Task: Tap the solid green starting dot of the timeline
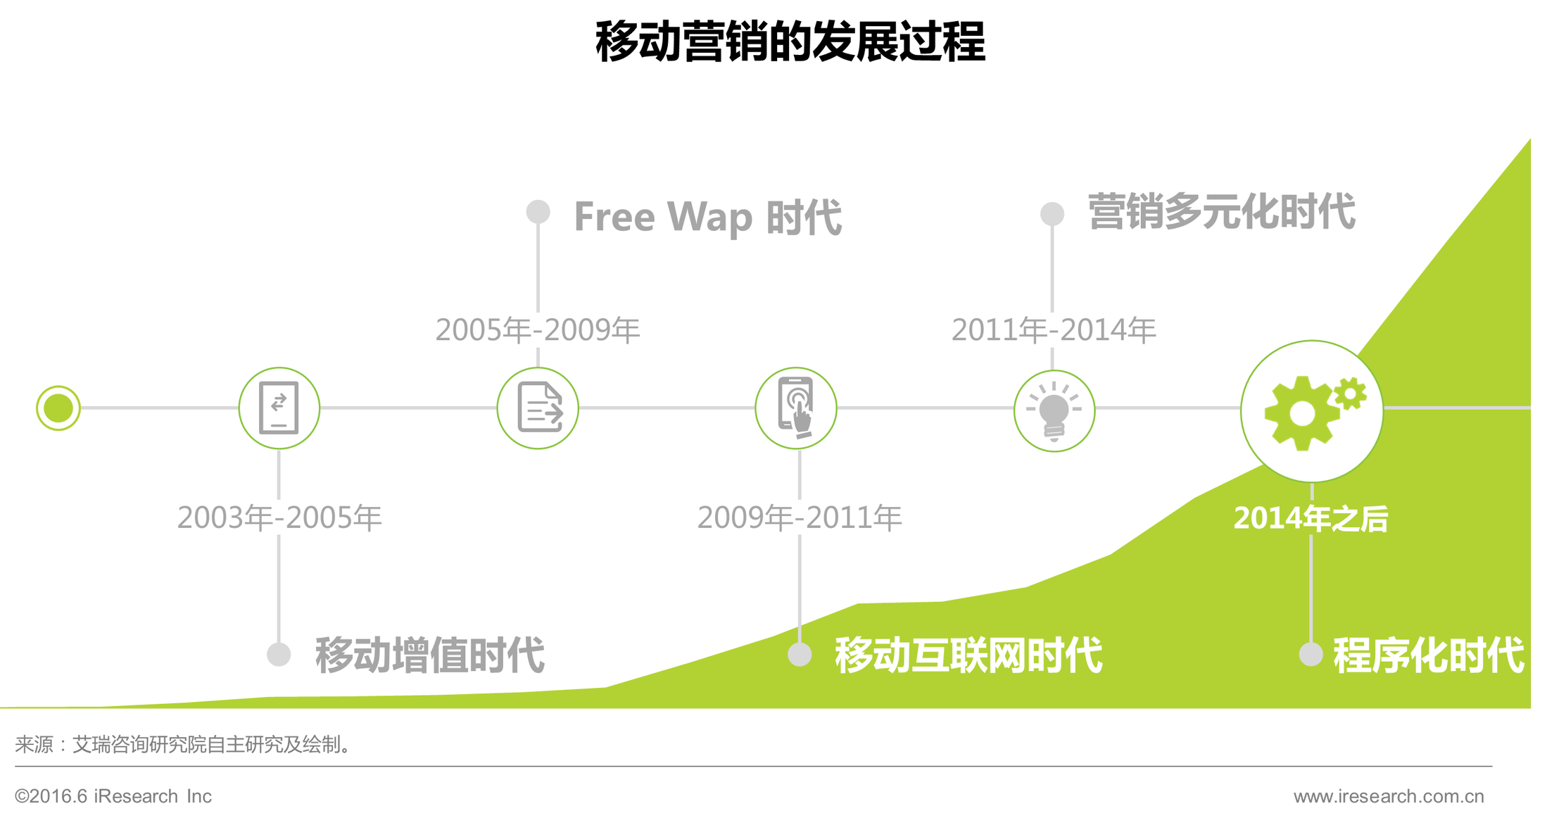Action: (58, 408)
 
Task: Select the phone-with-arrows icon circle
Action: (279, 408)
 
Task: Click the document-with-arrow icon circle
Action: (538, 408)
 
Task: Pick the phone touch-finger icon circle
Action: (796, 408)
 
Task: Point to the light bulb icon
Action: (1054, 411)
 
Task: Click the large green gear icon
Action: (1301, 413)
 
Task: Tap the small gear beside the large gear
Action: (1350, 394)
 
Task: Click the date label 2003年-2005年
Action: (279, 517)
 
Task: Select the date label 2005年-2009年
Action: (538, 329)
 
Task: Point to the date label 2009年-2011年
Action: (800, 517)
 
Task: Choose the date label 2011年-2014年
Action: (1054, 329)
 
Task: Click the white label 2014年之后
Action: (1311, 519)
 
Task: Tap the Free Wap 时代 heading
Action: (707, 216)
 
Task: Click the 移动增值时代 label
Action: (429, 655)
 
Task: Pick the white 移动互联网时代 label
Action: (968, 655)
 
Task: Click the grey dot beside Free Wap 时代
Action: (538, 212)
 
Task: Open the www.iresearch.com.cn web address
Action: (1389, 796)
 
